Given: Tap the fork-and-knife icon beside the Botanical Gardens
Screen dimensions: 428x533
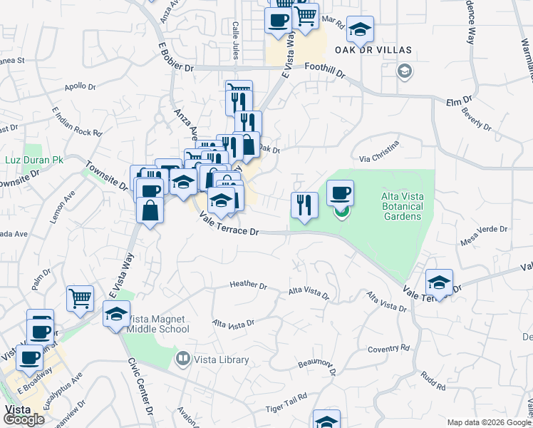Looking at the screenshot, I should pyautogui.click(x=304, y=205).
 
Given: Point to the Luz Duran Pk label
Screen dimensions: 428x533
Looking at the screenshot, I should pyautogui.click(x=34, y=160).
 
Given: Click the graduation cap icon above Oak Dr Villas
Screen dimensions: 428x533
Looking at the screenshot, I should pyautogui.click(x=361, y=29).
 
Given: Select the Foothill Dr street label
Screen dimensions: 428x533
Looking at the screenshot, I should pyautogui.click(x=324, y=71).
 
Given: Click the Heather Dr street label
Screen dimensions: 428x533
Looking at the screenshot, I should pyautogui.click(x=248, y=285).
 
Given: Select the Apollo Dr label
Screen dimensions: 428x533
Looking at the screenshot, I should pyautogui.click(x=80, y=87).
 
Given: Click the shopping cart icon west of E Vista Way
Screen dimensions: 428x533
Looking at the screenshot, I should pyautogui.click(x=80, y=298).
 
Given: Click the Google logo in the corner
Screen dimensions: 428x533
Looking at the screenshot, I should pyautogui.click(x=23, y=419).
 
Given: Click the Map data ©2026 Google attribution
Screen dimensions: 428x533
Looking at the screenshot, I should pyautogui.click(x=489, y=422).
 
